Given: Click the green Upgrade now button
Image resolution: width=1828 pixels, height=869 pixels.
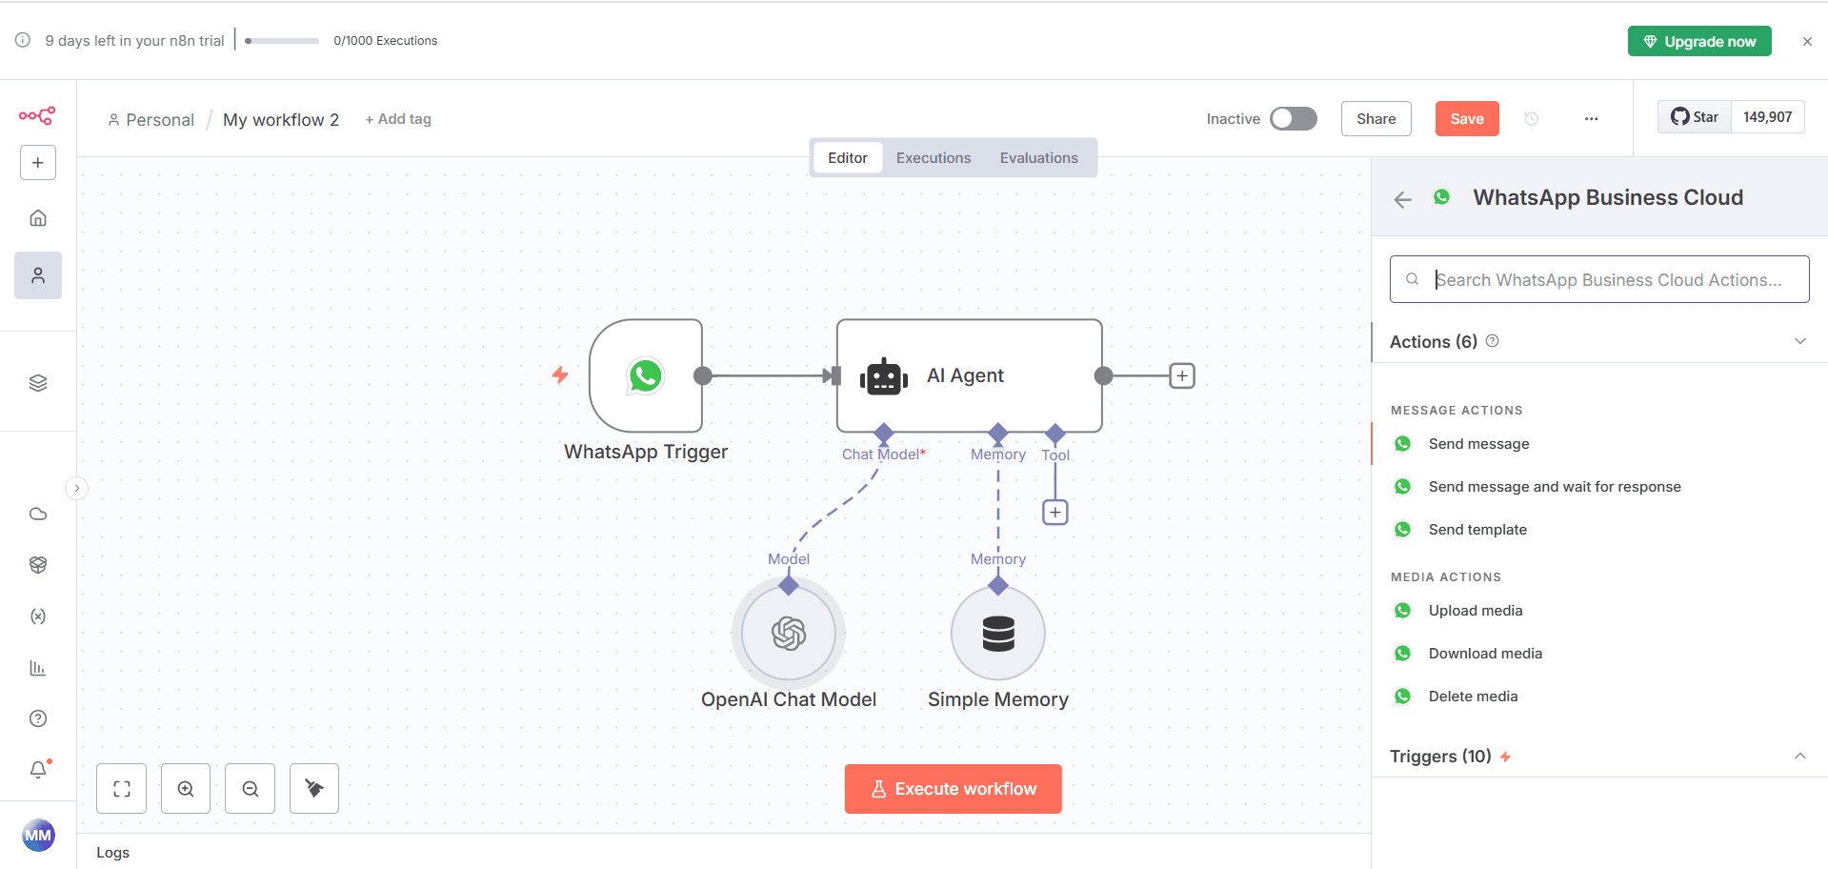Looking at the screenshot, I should (x=1699, y=41).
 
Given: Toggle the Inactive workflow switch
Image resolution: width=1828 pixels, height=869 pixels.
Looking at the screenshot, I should (x=1294, y=118).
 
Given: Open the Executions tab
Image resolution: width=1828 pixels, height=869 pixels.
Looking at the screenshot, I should (x=933, y=158).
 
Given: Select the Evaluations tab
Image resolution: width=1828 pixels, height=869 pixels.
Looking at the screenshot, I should (x=1038, y=158).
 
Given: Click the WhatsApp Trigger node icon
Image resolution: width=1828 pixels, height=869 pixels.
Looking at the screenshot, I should (x=646, y=375).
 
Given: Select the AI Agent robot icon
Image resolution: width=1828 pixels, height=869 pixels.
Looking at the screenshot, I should (x=883, y=377).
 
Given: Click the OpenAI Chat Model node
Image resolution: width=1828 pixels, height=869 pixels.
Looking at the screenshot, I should (x=789, y=634).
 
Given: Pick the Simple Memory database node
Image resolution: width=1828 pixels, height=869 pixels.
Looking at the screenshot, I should (x=998, y=634).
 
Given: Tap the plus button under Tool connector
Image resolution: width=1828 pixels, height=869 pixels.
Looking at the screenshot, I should (x=1055, y=513).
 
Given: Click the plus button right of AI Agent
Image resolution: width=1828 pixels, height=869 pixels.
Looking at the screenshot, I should (x=1182, y=375).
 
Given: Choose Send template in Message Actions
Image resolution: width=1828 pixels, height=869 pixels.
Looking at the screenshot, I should (x=1476, y=530).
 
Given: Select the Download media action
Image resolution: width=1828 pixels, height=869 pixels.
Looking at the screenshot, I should (x=1484, y=654).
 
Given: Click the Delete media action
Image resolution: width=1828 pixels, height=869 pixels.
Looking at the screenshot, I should (x=1473, y=697).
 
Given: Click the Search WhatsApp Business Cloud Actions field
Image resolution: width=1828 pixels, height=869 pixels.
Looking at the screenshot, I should (x=1608, y=279).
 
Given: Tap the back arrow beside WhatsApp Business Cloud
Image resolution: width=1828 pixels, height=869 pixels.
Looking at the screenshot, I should (x=1402, y=199).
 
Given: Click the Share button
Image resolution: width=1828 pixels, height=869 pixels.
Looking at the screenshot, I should (x=1376, y=119).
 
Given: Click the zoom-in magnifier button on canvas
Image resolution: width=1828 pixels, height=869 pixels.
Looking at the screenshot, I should (x=186, y=789).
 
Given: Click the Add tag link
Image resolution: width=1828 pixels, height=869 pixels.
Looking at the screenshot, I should (x=398, y=119).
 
